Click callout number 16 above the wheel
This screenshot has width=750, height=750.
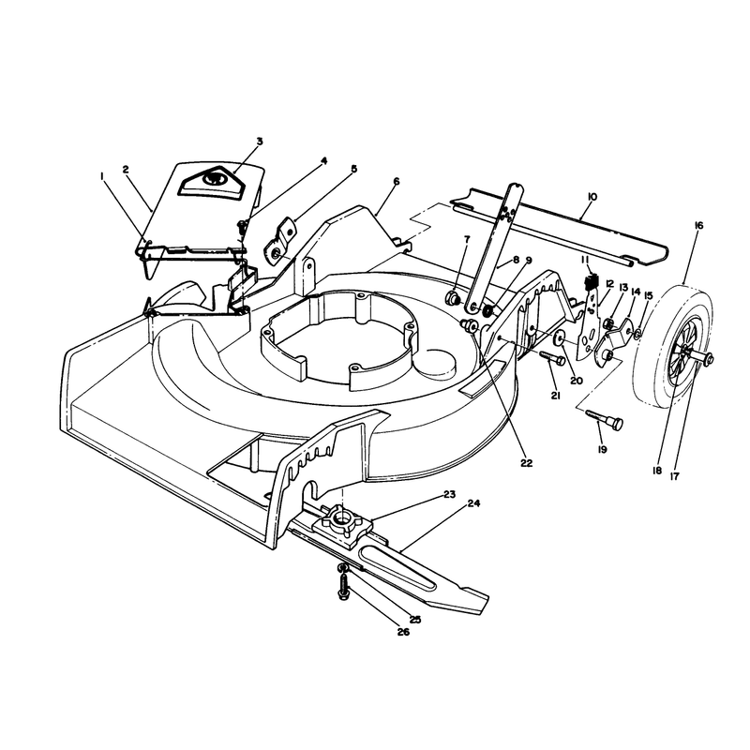click(698, 225)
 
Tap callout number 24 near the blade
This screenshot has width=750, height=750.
click(474, 503)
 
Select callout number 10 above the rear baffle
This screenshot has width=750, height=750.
click(592, 197)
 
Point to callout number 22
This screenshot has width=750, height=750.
click(526, 463)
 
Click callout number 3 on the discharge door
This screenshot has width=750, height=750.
click(260, 142)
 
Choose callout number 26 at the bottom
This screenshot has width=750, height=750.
click(403, 632)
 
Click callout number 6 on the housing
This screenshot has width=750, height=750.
click(396, 182)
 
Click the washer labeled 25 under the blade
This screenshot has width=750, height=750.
click(342, 568)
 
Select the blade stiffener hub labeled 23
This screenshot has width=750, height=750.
click(342, 523)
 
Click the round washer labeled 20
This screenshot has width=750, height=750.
click(558, 338)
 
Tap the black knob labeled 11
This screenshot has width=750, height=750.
click(592, 282)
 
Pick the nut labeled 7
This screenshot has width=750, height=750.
click(453, 298)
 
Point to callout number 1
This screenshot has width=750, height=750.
click(102, 176)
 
